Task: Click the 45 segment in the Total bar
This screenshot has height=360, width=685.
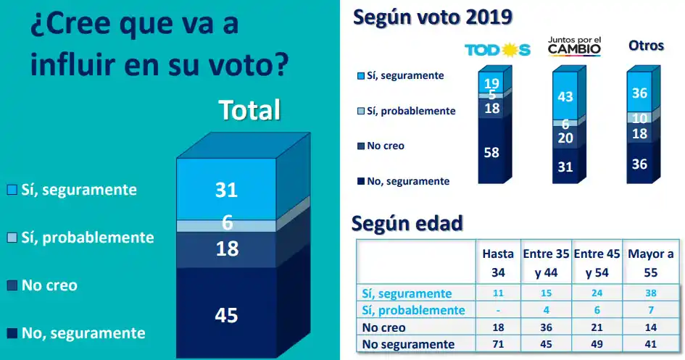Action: click(226, 315)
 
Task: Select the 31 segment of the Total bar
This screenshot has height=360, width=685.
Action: click(226, 190)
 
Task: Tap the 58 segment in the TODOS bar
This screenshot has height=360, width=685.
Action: click(491, 151)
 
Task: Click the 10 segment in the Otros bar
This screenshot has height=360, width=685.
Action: click(639, 118)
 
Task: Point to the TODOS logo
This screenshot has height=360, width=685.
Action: click(497, 49)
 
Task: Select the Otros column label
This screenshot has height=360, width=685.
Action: click(645, 46)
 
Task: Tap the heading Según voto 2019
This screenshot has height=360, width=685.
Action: click(432, 17)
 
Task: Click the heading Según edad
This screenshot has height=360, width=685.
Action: click(407, 223)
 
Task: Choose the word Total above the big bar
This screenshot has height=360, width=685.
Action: click(249, 110)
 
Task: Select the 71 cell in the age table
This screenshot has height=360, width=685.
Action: click(498, 344)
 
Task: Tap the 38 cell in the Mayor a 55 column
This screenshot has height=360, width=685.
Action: click(650, 293)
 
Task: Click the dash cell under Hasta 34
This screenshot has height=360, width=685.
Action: click(498, 311)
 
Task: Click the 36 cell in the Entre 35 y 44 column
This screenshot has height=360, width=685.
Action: click(547, 327)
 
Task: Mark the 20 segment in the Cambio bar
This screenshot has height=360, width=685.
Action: click(565, 138)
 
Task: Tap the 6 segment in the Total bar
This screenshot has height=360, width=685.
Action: click(226, 224)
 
